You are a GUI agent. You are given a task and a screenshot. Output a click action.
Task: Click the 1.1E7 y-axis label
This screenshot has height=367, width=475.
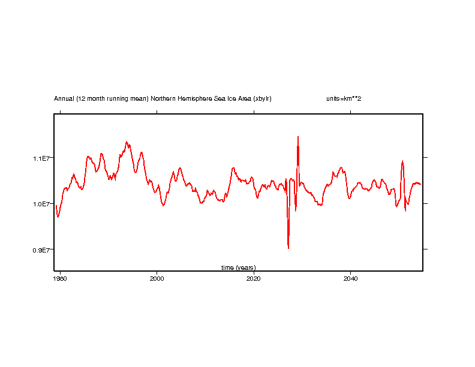pos(43,158)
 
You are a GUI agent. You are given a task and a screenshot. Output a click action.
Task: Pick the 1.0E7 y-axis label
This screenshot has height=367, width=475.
pos(43,204)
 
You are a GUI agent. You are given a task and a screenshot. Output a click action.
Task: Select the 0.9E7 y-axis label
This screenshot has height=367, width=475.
pos(43,249)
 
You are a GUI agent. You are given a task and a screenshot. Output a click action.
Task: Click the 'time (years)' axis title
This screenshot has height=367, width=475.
pos(238,267)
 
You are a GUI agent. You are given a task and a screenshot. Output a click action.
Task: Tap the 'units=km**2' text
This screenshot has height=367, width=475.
pos(339,98)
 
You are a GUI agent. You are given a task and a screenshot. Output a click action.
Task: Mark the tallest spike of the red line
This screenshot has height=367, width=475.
pos(297,137)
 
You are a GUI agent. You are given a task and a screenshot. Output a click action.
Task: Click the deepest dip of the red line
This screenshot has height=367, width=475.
pos(288,248)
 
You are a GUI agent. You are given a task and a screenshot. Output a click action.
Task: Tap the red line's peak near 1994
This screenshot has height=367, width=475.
pos(127,142)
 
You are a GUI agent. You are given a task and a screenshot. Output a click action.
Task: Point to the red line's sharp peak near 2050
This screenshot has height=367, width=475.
pos(402,161)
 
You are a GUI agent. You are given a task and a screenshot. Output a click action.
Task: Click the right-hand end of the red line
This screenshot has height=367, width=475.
pos(421,184)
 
